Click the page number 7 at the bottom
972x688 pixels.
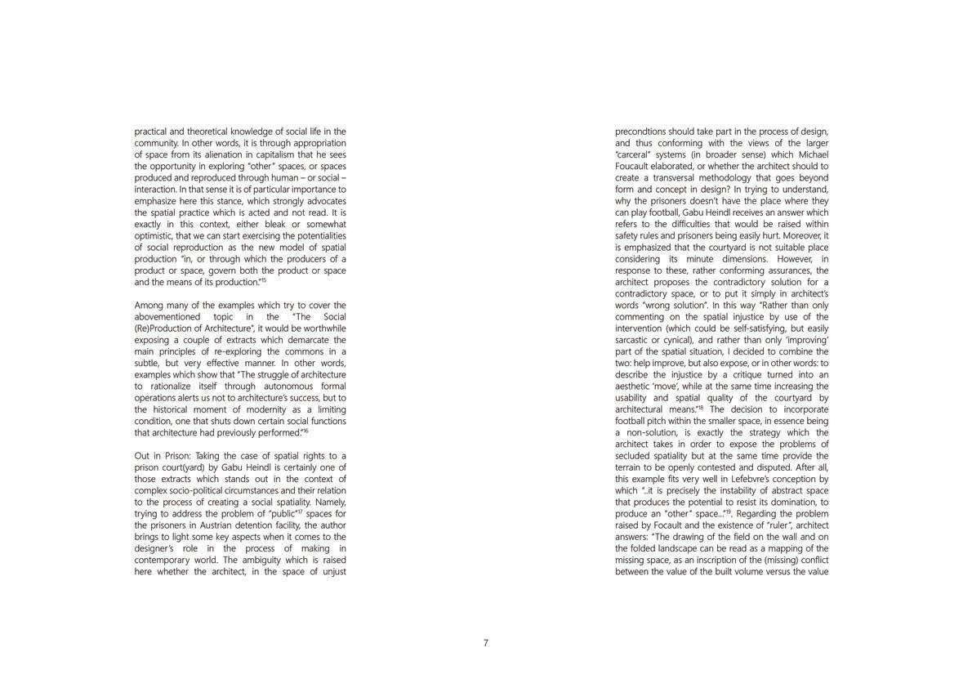(x=485, y=643)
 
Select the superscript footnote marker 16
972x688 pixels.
(x=305, y=430)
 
